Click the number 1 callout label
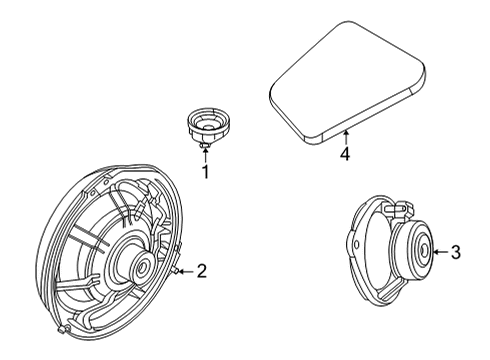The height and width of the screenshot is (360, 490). pyautogui.click(x=207, y=171)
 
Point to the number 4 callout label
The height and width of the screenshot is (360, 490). pyautogui.click(x=344, y=154)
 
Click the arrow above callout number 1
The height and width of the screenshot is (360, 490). pyautogui.click(x=206, y=155)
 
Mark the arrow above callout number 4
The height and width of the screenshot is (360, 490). pyautogui.click(x=344, y=137)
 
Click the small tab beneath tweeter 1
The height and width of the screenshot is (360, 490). pyautogui.click(x=205, y=147)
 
